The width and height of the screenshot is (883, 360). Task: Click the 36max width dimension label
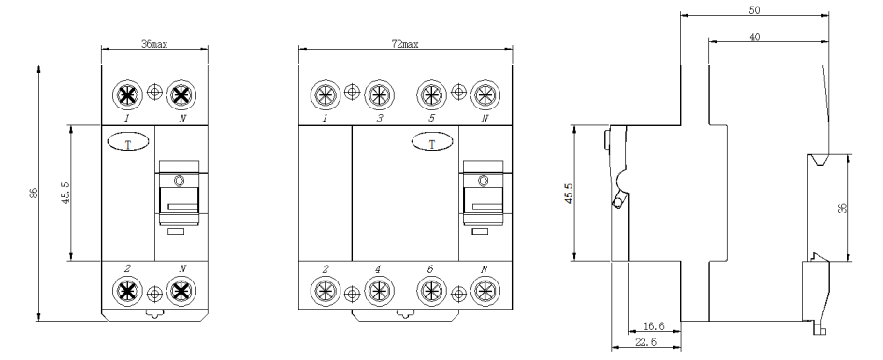[154, 43]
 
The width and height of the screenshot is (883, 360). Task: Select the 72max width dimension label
[405, 43]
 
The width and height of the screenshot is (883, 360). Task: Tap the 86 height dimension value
[34, 193]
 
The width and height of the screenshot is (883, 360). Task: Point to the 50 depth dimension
[754, 9]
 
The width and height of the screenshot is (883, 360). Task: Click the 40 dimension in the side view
[755, 37]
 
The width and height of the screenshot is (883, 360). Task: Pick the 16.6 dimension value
[653, 326]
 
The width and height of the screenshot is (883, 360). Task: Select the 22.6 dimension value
[645, 341]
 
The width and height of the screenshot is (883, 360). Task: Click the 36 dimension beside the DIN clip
[843, 208]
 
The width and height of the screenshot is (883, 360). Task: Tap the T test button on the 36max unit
[128, 141]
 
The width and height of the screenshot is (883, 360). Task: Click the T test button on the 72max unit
[432, 141]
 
